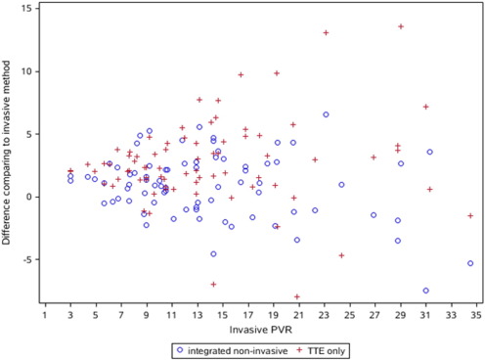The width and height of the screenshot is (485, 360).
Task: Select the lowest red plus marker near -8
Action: (x=297, y=296)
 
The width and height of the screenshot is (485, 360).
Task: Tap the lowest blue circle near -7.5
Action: (x=425, y=291)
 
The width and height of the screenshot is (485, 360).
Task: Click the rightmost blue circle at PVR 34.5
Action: (x=470, y=263)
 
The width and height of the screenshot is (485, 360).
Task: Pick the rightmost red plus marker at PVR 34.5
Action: (x=470, y=215)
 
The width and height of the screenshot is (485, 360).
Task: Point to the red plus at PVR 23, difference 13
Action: (x=326, y=32)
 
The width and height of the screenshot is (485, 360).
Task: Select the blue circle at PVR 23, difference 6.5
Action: (x=326, y=114)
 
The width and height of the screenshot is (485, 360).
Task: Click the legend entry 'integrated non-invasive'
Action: (x=231, y=349)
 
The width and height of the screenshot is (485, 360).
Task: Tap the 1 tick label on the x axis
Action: (x=45, y=315)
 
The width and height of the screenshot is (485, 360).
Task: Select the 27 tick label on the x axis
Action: (x=375, y=315)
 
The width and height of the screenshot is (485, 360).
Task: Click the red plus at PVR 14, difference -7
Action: (x=213, y=284)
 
